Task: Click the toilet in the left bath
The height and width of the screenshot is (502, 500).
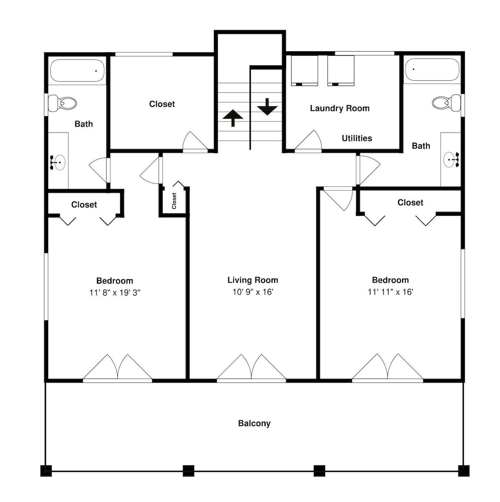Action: [62, 103]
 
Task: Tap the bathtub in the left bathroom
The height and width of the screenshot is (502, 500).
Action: [77, 71]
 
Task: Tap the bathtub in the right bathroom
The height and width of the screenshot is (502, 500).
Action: [432, 69]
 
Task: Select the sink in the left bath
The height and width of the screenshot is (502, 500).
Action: [58, 162]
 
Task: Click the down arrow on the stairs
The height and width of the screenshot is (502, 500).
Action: [267, 107]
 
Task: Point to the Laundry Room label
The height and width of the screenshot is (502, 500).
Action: [340, 108]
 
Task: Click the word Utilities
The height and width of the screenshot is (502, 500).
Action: [357, 139]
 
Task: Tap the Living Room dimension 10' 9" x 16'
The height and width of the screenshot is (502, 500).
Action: [253, 292]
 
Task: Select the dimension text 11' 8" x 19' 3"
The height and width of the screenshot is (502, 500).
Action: [115, 293]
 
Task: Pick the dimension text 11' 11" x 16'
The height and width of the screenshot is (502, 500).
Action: [391, 292]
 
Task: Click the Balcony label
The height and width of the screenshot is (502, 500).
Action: [254, 423]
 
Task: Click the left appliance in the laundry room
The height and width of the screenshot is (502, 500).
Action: [304, 71]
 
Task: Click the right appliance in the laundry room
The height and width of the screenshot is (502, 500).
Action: [340, 71]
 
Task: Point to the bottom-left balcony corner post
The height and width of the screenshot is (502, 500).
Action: [46, 471]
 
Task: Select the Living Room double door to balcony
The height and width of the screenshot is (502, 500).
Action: [252, 368]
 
